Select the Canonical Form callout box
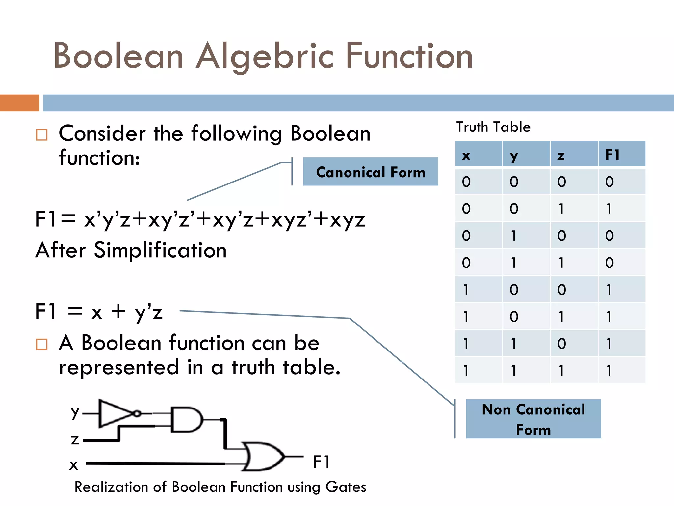click(x=370, y=172)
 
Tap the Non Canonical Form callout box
click(x=533, y=419)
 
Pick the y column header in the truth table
click(x=513, y=155)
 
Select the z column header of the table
click(x=561, y=155)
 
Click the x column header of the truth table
click(x=466, y=155)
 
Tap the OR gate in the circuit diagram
click(x=263, y=457)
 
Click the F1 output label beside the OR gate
click(x=321, y=462)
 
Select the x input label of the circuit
click(x=74, y=465)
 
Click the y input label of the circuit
click(x=75, y=412)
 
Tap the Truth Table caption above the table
click(x=493, y=127)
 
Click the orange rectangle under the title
click(x=19, y=103)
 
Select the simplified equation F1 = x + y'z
click(x=99, y=312)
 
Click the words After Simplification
click(x=131, y=250)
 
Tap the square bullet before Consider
click(x=42, y=135)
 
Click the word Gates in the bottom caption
click(x=346, y=487)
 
